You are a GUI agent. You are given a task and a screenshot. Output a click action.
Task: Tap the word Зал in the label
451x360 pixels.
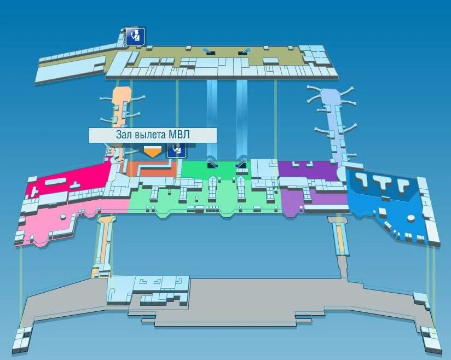(x=124, y=135)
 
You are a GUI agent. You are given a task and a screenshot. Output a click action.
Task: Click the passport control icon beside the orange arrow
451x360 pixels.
(x=176, y=150)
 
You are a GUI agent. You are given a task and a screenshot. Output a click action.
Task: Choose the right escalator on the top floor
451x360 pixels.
(x=244, y=52)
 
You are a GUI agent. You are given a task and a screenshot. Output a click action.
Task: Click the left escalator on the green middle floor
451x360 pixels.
(x=211, y=162)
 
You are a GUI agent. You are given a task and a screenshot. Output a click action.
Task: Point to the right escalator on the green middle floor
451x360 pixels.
(x=241, y=162)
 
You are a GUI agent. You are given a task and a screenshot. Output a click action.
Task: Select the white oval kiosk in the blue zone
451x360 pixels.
(x=410, y=219)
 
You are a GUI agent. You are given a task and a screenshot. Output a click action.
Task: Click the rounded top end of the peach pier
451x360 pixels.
(x=120, y=90)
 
